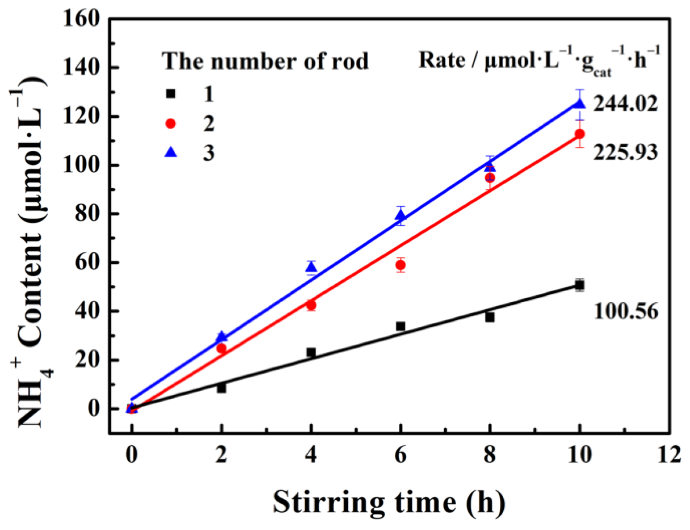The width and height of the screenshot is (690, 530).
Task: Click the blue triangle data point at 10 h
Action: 579,104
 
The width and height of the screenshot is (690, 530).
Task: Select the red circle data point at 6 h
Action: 400,265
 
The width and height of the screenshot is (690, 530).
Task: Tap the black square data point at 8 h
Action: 490,317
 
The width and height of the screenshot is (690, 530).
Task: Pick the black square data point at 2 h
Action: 221,388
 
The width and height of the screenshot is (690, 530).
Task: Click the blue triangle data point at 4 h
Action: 311,268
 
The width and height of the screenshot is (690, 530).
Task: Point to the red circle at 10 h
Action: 579,134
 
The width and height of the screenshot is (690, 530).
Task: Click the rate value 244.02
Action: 625,104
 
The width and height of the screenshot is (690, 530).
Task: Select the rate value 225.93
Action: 625,152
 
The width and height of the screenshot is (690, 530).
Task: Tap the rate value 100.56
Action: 625,312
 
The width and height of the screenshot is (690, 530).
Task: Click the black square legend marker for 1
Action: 171,93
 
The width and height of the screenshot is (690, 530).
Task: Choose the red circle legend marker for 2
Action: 171,123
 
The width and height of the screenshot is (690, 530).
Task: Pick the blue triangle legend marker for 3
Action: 171,152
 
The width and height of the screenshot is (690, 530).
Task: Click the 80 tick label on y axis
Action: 87,214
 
